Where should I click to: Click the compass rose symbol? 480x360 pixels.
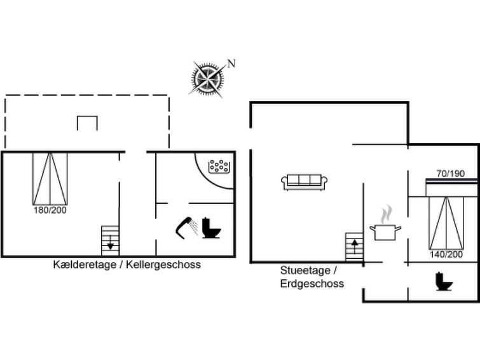(207, 79)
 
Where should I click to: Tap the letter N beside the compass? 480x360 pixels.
(231, 64)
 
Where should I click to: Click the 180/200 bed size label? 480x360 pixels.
(50, 210)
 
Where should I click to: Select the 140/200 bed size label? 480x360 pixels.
(446, 254)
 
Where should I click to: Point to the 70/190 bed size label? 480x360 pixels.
(451, 174)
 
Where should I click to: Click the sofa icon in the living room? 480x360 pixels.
(305, 183)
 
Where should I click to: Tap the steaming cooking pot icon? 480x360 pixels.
(385, 223)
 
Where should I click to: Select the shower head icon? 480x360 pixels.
(187, 227)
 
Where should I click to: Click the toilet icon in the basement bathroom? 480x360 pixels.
(211, 228)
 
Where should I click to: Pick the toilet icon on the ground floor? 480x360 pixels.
(444, 281)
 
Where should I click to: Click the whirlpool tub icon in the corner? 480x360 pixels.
(219, 167)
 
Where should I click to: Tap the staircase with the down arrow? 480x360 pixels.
(110, 240)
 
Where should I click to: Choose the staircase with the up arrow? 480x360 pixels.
(355, 247)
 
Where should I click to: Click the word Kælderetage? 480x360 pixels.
(85, 265)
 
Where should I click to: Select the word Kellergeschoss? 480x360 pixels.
(163, 265)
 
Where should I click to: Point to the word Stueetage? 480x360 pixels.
(305, 270)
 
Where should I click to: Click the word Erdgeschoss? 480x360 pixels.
(312, 284)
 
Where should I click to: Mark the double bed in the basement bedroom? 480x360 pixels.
(50, 179)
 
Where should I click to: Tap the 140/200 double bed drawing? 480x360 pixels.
(446, 223)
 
